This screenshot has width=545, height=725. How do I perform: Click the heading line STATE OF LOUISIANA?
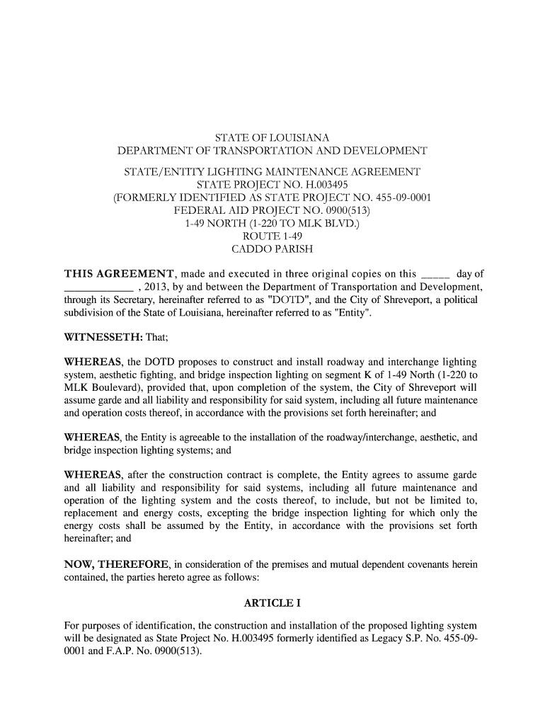(x=272, y=137)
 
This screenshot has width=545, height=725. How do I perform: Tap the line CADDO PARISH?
(x=272, y=249)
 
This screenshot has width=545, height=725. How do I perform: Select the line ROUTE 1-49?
(x=272, y=236)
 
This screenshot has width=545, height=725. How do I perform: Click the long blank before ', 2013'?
(x=98, y=287)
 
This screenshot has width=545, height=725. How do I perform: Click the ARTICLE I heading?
(x=272, y=603)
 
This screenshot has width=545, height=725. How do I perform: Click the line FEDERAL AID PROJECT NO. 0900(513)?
(x=272, y=211)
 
